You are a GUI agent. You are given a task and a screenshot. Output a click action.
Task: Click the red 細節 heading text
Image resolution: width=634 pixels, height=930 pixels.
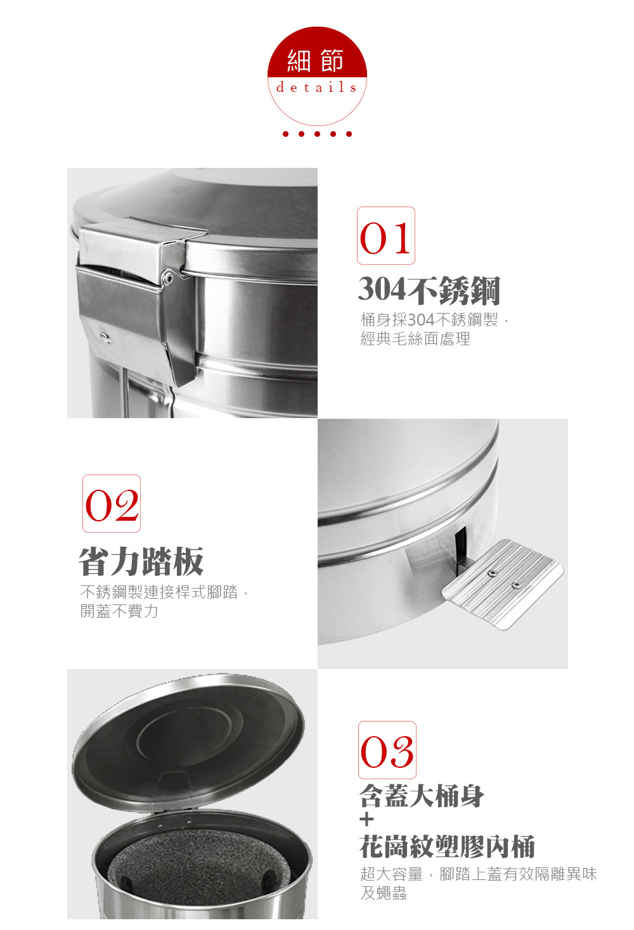point(316,60)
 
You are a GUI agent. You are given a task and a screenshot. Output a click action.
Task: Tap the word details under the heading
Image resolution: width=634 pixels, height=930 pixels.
point(316,87)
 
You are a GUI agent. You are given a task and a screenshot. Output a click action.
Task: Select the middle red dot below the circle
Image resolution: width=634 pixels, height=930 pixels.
point(317,134)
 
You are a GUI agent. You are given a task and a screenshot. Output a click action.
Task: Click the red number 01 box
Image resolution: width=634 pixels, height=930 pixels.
point(386,236)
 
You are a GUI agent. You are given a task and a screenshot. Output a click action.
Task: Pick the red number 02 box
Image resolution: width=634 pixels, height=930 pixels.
point(112,504)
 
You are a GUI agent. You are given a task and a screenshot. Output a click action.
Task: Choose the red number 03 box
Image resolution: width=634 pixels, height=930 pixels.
point(387,750)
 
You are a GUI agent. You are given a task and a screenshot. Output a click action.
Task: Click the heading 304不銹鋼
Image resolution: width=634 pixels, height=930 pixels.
point(429,290)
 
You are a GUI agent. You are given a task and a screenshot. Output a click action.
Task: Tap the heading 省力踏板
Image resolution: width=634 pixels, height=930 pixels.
point(141,561)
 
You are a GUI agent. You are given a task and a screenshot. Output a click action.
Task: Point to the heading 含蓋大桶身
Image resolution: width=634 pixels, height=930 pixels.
point(422,796)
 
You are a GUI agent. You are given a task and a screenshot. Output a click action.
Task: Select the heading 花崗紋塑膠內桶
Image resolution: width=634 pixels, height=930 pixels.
point(447,846)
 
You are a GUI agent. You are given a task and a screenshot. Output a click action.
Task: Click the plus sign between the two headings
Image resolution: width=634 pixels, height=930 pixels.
point(367,820)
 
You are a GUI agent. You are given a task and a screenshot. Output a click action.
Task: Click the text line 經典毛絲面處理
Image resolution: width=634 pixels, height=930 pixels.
point(415,339)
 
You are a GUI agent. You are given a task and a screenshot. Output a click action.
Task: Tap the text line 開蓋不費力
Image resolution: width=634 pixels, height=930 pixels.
point(119,611)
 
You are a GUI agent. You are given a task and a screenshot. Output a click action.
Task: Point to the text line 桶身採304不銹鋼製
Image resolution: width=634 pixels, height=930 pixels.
point(429,320)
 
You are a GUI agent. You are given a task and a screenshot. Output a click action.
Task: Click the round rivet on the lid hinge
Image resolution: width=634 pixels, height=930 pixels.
point(168,276)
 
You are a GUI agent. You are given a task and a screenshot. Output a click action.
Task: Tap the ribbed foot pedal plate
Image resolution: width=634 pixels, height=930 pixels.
point(503,585)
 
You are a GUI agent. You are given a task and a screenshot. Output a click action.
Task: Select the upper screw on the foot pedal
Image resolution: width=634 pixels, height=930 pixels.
point(493,574)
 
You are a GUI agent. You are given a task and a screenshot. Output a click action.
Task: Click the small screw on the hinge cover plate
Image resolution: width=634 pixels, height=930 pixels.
point(105,336)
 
